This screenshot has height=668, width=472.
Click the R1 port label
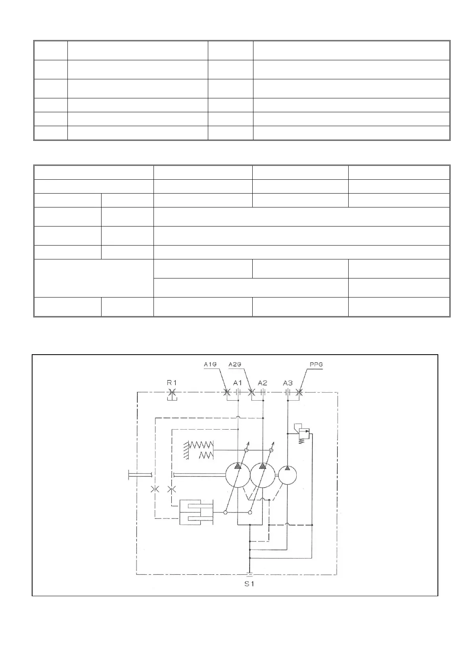171,383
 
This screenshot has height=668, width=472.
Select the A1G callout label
209,365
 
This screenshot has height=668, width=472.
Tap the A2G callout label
236,365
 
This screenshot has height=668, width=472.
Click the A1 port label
237,383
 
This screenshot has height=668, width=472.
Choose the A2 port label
262,383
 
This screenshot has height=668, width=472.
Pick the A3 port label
288,383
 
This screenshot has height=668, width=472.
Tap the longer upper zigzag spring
201,444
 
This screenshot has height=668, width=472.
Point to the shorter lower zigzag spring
206,455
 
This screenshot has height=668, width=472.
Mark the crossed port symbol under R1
171,393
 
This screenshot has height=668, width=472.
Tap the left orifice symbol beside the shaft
155,489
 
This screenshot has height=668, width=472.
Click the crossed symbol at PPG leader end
299,393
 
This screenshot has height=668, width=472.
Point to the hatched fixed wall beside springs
186,450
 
